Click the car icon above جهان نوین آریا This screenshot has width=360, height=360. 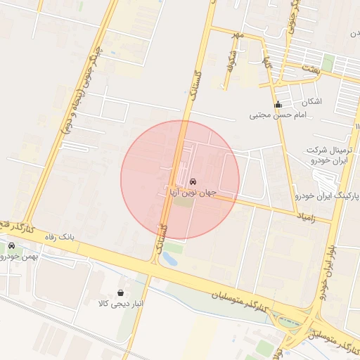point(193,181)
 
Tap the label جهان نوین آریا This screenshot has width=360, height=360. point(192,192)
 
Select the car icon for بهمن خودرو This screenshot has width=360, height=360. point(12,246)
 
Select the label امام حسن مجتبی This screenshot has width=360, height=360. point(274,115)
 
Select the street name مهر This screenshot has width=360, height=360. point(240,35)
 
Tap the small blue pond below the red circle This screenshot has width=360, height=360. point(169,259)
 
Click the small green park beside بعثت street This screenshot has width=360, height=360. point(328,65)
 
